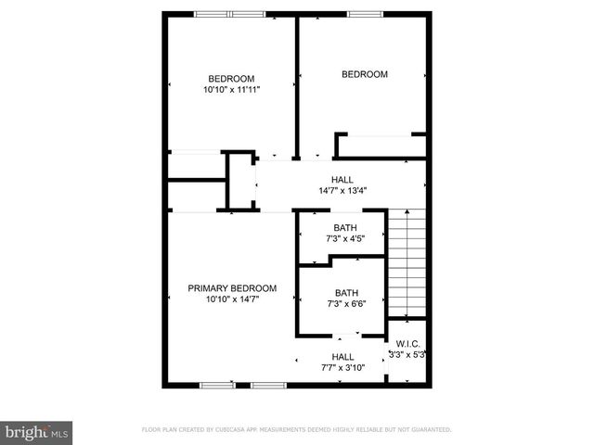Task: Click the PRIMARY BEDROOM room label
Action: (232, 287)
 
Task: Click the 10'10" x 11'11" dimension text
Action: (231, 90)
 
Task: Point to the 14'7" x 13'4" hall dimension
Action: (342, 192)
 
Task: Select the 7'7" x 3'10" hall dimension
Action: (342, 368)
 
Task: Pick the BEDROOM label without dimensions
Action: (365, 74)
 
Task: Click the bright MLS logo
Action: (37, 432)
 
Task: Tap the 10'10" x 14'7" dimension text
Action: (231, 299)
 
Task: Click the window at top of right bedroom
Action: (364, 13)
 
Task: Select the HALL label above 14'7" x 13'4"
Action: (342, 180)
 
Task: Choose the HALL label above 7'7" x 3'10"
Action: (342, 357)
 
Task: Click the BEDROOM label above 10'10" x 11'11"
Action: (231, 79)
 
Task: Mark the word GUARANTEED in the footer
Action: (430, 430)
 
